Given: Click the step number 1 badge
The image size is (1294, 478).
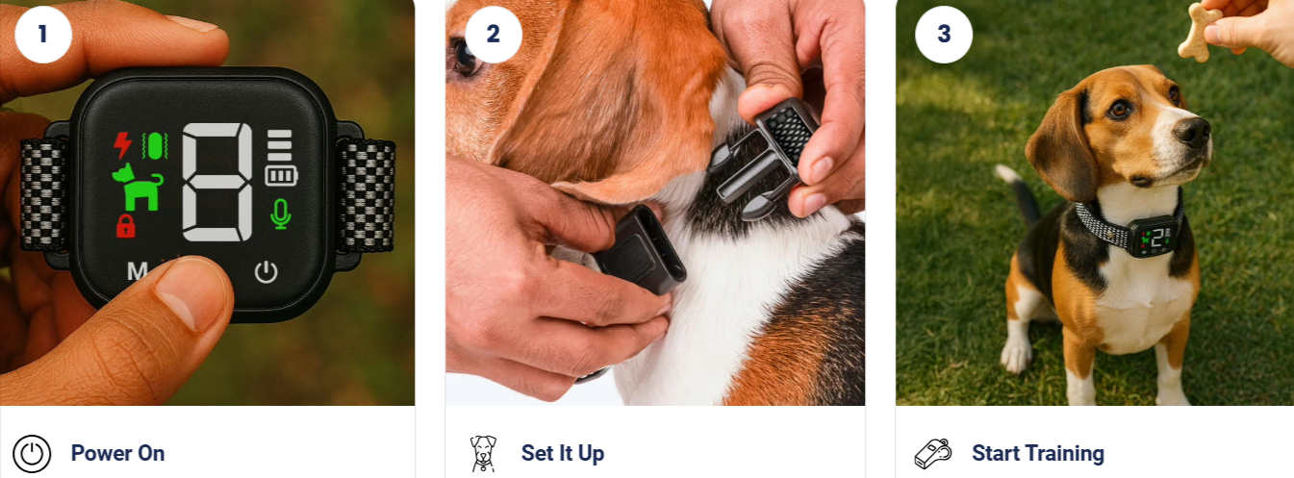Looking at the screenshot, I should pos(42,35).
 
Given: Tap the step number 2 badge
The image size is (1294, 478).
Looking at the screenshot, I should pos(493,35).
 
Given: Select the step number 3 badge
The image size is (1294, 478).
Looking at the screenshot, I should pos(943,35).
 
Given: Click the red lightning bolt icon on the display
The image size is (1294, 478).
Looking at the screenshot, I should pos(122,145).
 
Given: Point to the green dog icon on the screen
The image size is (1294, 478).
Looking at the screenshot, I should pos(138,188).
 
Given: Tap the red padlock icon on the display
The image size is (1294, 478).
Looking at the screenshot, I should pos(125,227).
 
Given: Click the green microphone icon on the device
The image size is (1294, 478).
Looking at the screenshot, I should pos(280,214).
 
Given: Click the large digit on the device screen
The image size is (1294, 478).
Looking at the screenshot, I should pos(217,183).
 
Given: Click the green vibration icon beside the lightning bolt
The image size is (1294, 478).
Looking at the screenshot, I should pos(154,145).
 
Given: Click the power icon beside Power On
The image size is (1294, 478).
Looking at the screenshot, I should pos(32,453).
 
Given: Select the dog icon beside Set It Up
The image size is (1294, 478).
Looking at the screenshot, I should pos(482,453).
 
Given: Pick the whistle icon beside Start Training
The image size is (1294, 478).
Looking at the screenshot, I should pos(932,453).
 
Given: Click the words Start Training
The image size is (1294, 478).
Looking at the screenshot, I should pos(1037,453).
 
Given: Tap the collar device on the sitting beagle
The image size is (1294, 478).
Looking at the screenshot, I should pos(1153,236).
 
